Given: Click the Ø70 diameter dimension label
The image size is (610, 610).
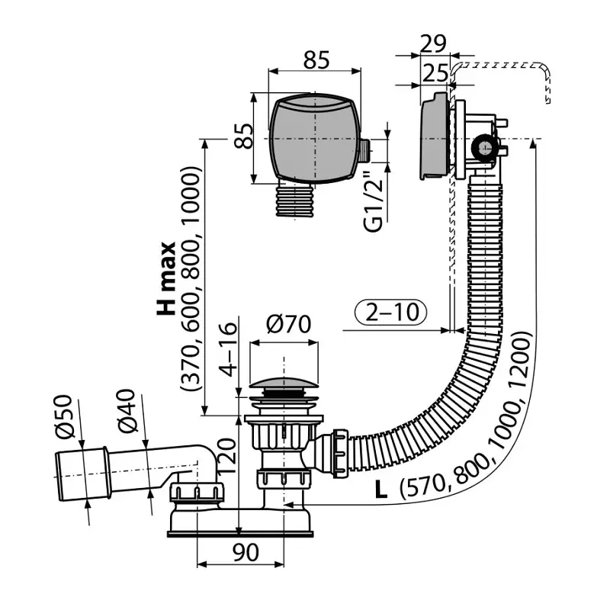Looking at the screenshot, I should pyautogui.click(x=288, y=325).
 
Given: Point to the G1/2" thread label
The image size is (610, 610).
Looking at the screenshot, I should pyautogui.click(x=373, y=201).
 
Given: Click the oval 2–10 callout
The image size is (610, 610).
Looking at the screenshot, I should pyautogui.click(x=390, y=312).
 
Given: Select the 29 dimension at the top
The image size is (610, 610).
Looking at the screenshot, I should pyautogui.click(x=434, y=43).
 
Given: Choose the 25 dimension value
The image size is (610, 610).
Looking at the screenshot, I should pyautogui.click(x=434, y=73).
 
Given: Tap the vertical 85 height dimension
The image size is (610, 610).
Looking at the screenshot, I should pyautogui.click(x=242, y=137).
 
